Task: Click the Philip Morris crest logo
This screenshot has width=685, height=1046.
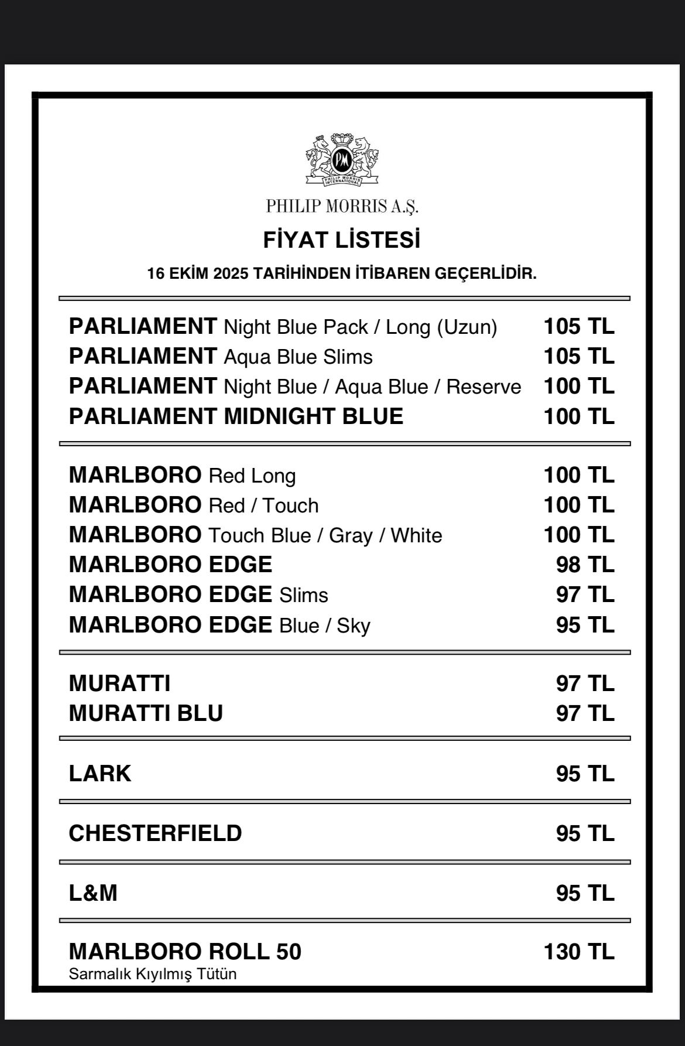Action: [x=342, y=160]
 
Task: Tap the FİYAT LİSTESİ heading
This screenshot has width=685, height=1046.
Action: [x=342, y=240]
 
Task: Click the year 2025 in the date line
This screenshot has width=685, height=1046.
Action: [x=232, y=274]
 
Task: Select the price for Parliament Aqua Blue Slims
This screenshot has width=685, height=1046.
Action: [x=578, y=356]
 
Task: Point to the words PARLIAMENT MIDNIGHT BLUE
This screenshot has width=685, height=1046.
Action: [x=236, y=416]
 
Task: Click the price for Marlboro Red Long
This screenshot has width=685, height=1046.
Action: [x=578, y=475]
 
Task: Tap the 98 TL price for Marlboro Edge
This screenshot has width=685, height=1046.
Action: [x=584, y=565]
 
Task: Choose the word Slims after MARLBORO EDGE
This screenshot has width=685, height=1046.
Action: [x=303, y=595]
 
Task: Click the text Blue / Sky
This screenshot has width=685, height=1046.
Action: [x=324, y=625]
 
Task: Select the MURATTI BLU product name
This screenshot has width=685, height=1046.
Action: [x=146, y=713]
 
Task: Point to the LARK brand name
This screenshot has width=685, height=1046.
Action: [x=100, y=774]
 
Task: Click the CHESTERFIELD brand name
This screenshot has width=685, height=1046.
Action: [x=155, y=833]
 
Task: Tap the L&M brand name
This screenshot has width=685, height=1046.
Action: [x=93, y=893]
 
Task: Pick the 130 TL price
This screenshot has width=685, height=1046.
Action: [x=578, y=952]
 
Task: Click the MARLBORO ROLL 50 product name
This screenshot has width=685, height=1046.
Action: [x=185, y=952]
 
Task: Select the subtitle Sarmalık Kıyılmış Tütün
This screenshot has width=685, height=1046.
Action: [x=153, y=974]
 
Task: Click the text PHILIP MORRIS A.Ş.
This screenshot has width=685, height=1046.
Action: [x=342, y=206]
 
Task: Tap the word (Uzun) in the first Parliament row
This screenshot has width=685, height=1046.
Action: [x=467, y=327]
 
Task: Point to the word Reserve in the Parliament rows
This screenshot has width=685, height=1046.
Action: [x=484, y=387]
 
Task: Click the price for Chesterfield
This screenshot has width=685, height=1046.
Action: [x=584, y=833]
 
